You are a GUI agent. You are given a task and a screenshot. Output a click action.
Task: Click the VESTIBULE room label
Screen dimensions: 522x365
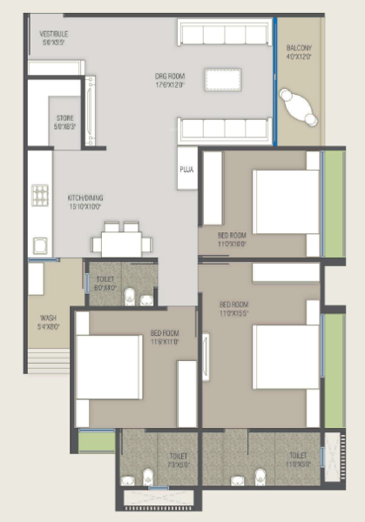coord(54,34)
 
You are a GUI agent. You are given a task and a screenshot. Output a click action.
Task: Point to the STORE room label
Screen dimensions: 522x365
coord(64,117)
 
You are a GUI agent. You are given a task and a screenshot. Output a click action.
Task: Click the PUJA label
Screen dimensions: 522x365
coord(186,171)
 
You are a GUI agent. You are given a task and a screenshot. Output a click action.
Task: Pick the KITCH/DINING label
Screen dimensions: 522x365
coord(85,198)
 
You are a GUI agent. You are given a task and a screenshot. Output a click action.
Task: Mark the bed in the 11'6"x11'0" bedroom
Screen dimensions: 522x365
coord(108,366)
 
